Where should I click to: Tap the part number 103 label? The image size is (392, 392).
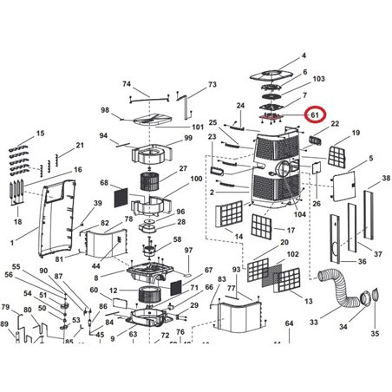point(318,79)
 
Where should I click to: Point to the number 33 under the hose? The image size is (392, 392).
point(314,322)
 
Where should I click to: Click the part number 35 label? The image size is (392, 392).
point(375,333)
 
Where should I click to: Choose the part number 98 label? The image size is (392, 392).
point(105,110)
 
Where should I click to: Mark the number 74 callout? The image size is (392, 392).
point(126,84)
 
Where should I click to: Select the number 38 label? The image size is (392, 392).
point(374,180)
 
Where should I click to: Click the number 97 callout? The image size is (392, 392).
point(188,250)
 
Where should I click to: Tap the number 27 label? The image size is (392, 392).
point(183,168)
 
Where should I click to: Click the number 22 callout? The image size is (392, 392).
point(335,124)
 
